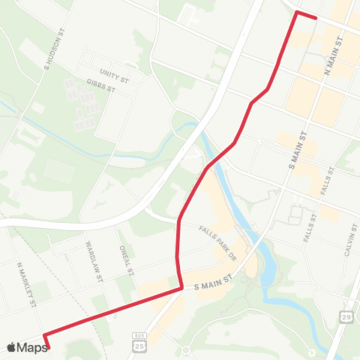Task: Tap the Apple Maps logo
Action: pyautogui.click(x=27, y=347)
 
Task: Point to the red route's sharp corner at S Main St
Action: pyautogui.click(x=181, y=288)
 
